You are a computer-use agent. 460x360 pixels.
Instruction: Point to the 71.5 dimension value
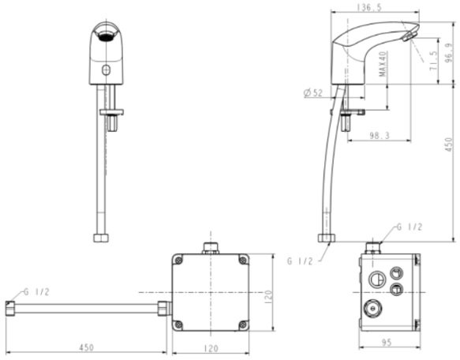click(433, 62)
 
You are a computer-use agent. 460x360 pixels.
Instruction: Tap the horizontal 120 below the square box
click(211, 348)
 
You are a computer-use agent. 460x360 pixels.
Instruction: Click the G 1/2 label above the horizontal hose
click(37, 291)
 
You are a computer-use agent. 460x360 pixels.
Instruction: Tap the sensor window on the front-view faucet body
click(106, 73)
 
